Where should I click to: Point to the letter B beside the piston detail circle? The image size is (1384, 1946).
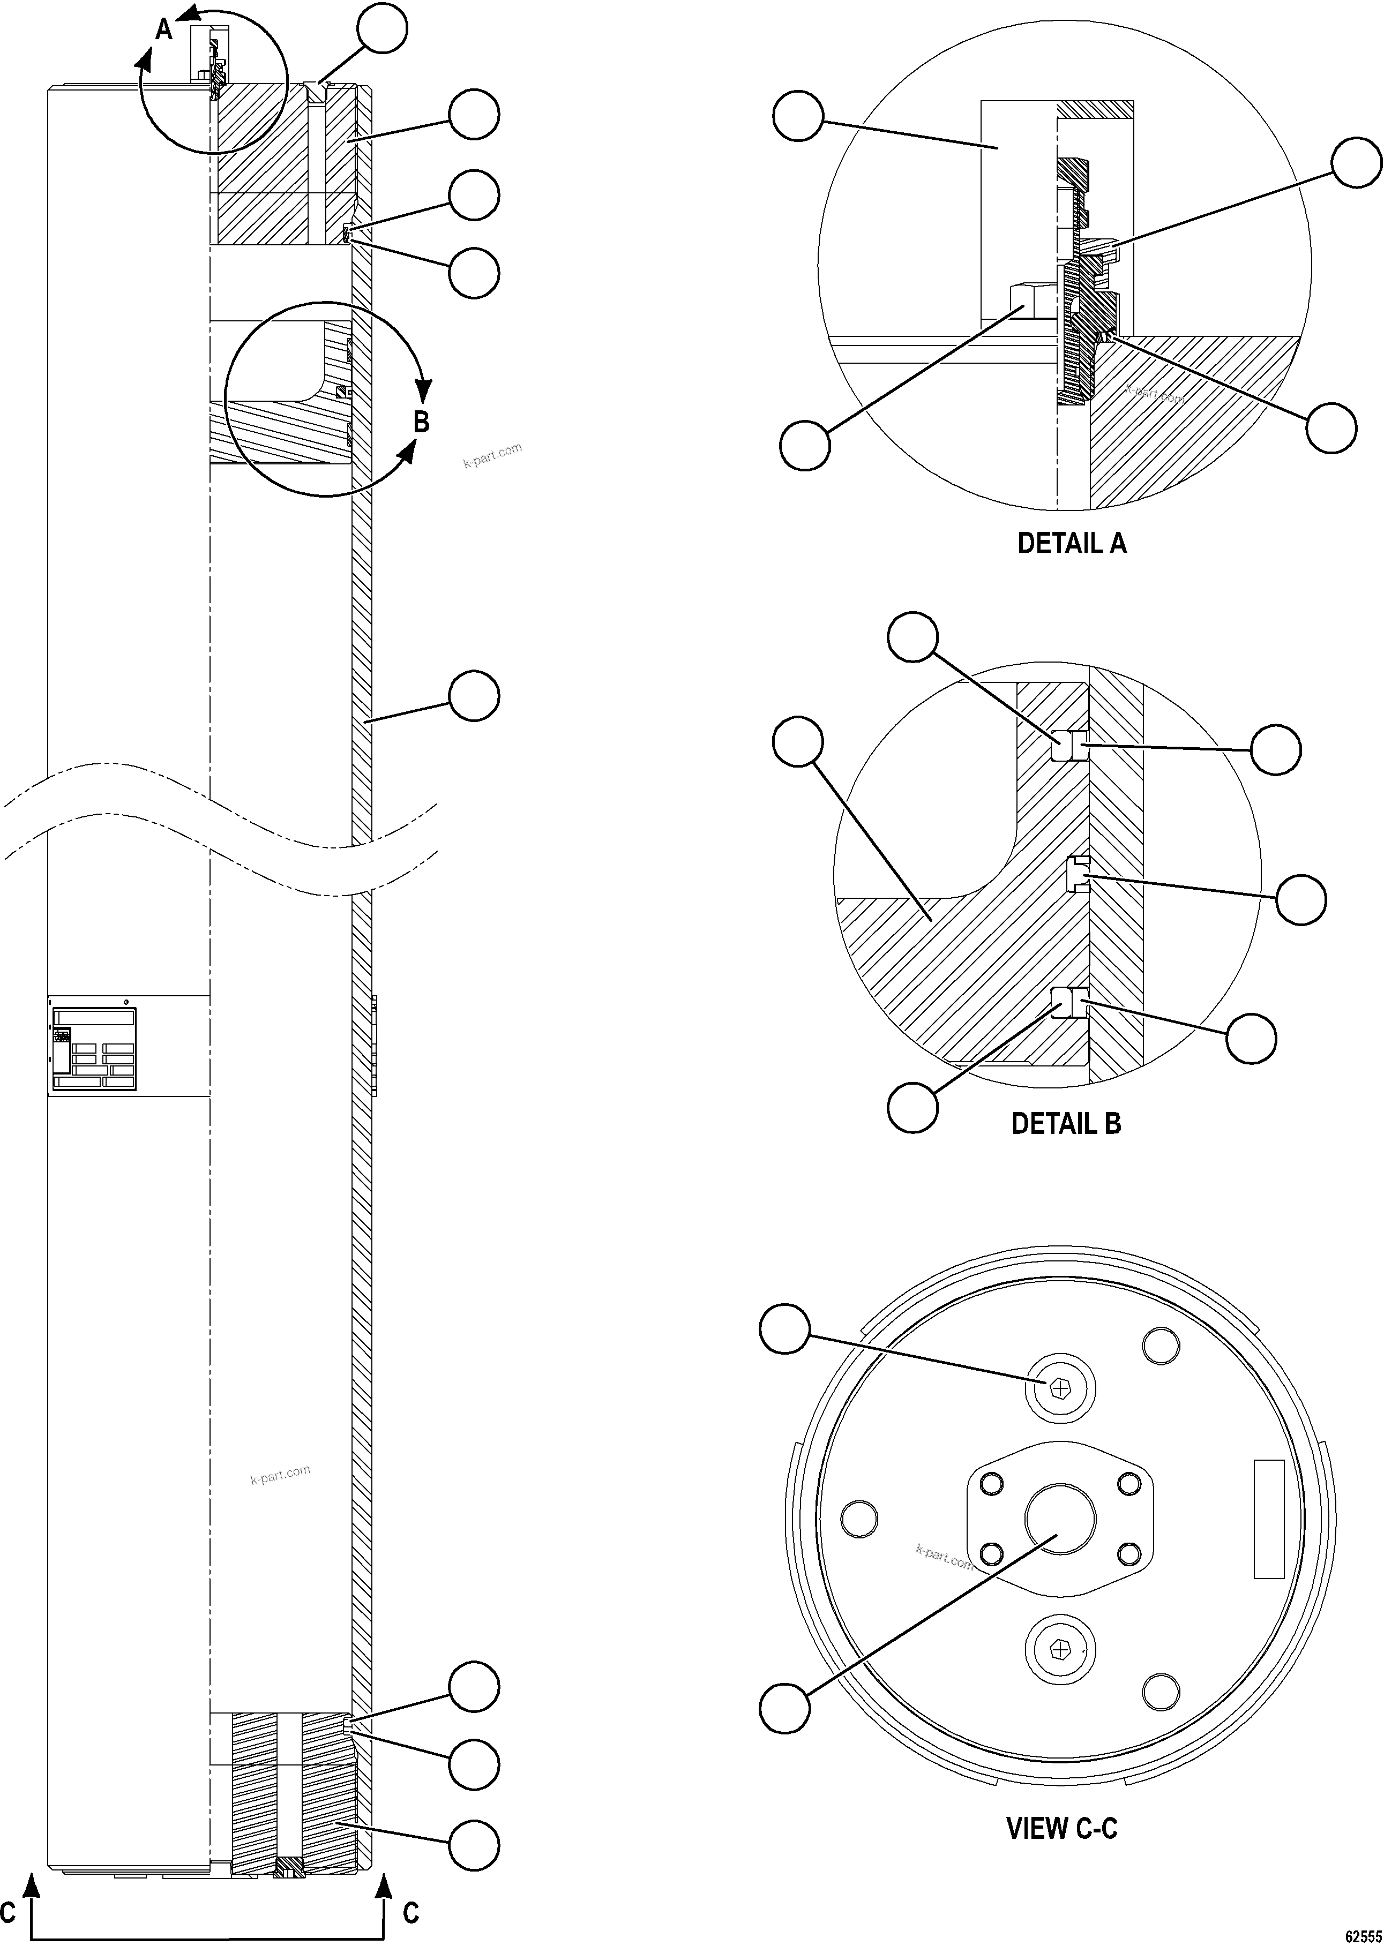coord(421,422)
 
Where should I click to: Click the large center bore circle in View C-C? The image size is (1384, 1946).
coord(1060,1521)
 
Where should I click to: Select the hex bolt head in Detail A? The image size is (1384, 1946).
coord(1034,300)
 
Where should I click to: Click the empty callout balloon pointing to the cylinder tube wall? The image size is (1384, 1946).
coord(474,696)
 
